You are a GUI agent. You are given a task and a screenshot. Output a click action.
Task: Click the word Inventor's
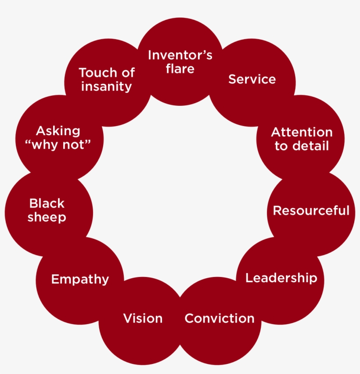click(180, 55)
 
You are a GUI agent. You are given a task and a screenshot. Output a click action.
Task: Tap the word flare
click(180, 69)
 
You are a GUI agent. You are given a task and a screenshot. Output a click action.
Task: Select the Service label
click(252, 79)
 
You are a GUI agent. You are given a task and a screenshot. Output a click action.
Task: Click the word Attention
click(302, 132)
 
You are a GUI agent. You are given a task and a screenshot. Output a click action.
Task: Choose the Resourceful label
click(311, 211)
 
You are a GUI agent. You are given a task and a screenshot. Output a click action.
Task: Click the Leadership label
click(281, 278)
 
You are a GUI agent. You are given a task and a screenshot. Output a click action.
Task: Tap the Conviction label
click(220, 318)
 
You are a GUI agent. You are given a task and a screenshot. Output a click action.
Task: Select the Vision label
click(143, 318)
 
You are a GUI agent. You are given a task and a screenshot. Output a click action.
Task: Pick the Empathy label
click(80, 280)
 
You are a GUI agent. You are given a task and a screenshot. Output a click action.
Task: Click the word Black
click(47, 204)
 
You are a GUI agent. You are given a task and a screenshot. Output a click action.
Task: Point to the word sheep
click(47, 217)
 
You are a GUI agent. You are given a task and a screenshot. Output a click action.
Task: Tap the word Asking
click(58, 131)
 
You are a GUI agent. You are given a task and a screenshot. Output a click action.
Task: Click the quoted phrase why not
click(58, 145)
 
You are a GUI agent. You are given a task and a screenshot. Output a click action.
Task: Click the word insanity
click(106, 86)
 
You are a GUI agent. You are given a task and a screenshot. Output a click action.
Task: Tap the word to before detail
click(281, 146)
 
